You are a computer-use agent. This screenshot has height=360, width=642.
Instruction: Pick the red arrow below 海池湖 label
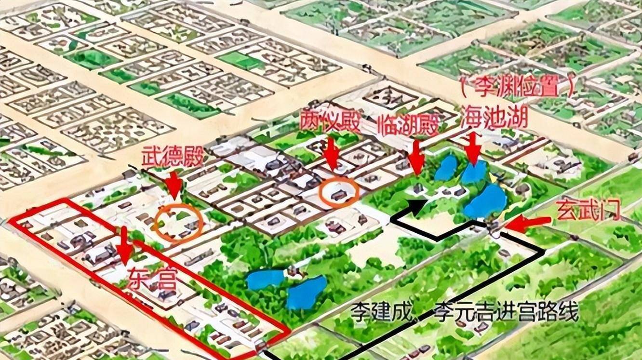click(x=474, y=148)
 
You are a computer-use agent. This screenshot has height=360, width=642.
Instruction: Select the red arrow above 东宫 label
click(x=125, y=246)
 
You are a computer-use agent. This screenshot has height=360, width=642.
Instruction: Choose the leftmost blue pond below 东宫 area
click(x=265, y=279)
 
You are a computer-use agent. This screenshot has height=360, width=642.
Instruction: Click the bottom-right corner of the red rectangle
click(x=289, y=332)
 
